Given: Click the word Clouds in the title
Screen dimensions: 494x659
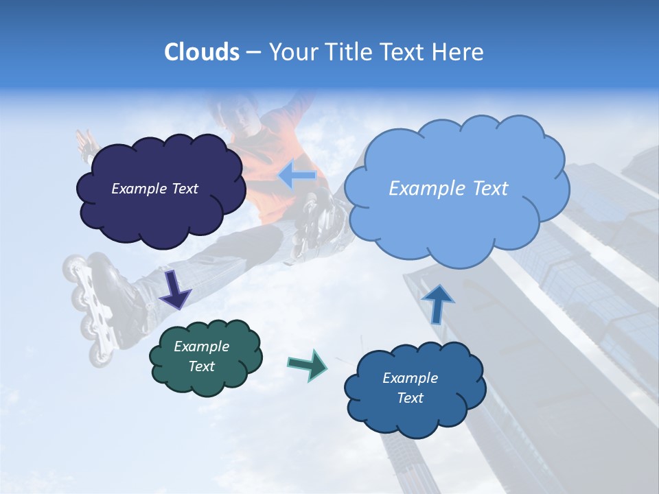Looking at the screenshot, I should point(201,52).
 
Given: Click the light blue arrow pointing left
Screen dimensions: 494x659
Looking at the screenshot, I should point(297,175).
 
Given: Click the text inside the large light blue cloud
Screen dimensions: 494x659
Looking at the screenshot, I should point(448,189).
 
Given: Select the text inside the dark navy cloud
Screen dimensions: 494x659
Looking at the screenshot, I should point(154,189).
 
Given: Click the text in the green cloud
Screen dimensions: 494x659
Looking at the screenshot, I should point(201,356).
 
